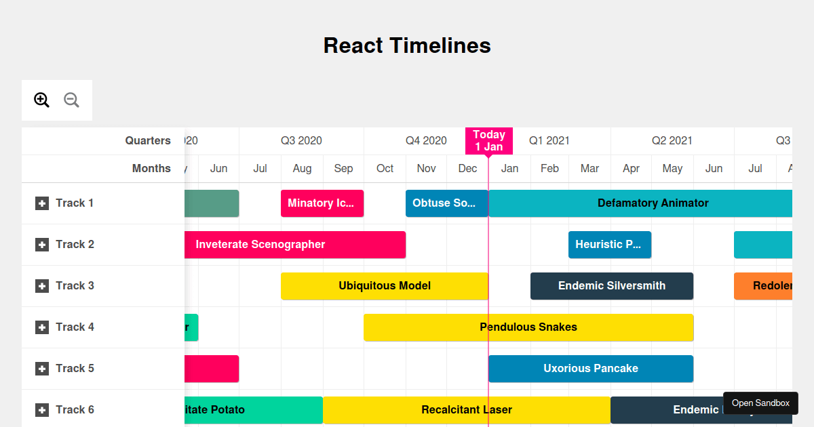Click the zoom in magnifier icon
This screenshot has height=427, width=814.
(41, 100)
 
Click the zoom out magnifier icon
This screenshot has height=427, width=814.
(71, 100)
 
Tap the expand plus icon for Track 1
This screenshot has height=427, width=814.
(42, 203)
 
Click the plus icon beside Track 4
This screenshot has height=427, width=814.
(42, 327)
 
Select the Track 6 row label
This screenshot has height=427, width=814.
(75, 409)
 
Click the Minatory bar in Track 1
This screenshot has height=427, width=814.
(322, 203)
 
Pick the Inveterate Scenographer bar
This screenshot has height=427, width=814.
(294, 245)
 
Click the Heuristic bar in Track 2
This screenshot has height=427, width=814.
(609, 245)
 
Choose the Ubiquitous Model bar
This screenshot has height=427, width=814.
(384, 286)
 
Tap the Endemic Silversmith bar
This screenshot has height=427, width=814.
(611, 286)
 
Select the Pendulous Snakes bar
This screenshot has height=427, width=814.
(528, 327)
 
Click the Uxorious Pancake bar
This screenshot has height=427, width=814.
(590, 369)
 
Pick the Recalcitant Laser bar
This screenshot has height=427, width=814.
(466, 410)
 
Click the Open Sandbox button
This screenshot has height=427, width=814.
(760, 403)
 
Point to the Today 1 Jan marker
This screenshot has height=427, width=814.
(488, 140)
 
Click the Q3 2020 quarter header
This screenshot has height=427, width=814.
(301, 141)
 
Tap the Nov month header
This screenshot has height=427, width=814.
(426, 169)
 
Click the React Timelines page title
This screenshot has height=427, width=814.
(407, 45)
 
